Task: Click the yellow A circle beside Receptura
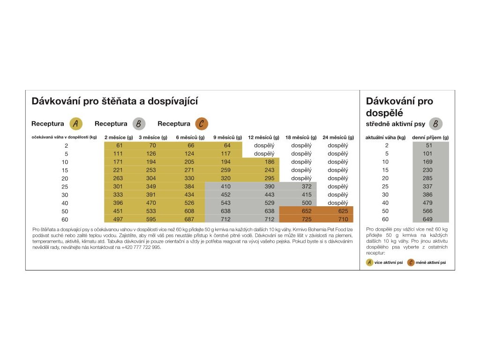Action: pyautogui.click(x=75, y=124)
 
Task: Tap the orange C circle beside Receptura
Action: pyautogui.click(x=202, y=124)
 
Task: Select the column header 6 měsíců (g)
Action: pyautogui.click(x=190, y=137)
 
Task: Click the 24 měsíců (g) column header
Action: pyautogui.click(x=338, y=137)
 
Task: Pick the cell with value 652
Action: pyautogui.click(x=307, y=211)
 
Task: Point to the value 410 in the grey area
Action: pyautogui.click(x=225, y=187)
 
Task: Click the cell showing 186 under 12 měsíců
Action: pyautogui.click(x=270, y=162)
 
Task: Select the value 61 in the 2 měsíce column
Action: pyautogui.click(x=120, y=145)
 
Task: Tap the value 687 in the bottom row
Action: pyautogui.click(x=189, y=219)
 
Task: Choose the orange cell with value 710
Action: pyautogui.click(x=343, y=219)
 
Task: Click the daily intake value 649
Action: pyautogui.click(x=427, y=219)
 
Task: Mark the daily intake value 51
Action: pyautogui.click(x=429, y=145)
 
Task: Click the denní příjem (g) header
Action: pyautogui.click(x=430, y=137)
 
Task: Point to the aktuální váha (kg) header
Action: pyautogui.click(x=385, y=137)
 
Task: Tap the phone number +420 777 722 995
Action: pyautogui.click(x=141, y=247)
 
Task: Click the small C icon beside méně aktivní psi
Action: pyautogui.click(x=411, y=262)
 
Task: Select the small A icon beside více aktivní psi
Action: pyautogui.click(x=369, y=262)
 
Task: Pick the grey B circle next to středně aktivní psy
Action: pyautogui.click(x=435, y=124)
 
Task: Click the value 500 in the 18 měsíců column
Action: pyautogui.click(x=307, y=202)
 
